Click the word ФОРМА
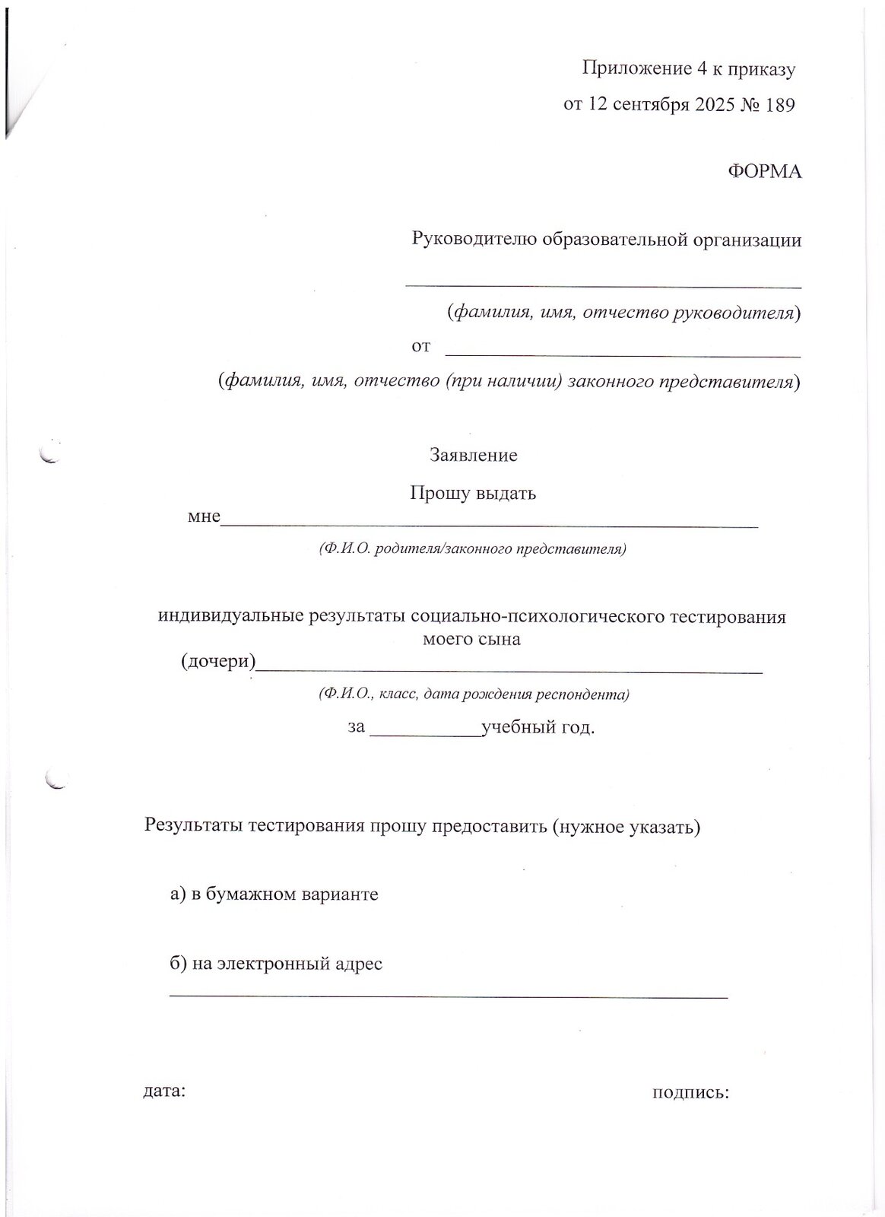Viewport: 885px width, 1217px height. tap(765, 172)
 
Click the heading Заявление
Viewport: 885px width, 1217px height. tap(474, 456)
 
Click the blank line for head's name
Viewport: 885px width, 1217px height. tap(603, 286)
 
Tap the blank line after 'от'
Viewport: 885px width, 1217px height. tap(622, 354)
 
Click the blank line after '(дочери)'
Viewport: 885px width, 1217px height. tap(509, 671)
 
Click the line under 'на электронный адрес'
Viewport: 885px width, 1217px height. tap(448, 995)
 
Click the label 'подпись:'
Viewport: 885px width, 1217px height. tap(690, 1093)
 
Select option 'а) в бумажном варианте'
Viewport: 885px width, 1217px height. tap(274, 894)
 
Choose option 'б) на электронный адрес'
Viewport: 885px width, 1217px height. tap(276, 964)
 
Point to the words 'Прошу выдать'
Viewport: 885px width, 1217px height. tap(473, 493)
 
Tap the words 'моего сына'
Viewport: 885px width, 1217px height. tap(471, 639)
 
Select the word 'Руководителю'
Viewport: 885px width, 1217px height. tap(474, 240)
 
